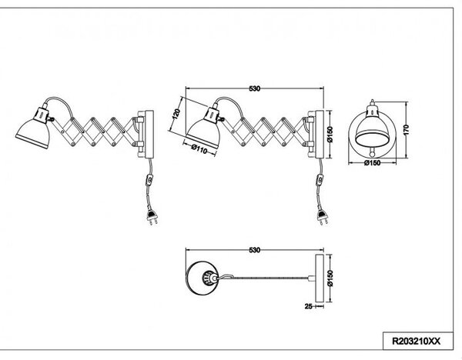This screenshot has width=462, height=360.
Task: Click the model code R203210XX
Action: [416, 342]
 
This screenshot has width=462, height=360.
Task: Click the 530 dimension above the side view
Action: [255, 88]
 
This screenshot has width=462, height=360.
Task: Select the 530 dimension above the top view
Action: [255, 250]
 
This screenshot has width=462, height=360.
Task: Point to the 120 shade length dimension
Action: [176, 114]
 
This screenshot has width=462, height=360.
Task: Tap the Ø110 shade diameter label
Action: [199, 148]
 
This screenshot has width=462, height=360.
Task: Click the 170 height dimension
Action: [406, 130]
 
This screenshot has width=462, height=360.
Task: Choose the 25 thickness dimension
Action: [308, 306]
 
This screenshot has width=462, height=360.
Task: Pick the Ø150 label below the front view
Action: [372, 163]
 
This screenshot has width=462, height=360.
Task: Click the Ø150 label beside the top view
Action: [330, 278]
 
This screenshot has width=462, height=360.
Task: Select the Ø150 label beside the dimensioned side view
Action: [330, 135]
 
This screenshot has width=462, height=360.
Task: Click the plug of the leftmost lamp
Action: [152, 217]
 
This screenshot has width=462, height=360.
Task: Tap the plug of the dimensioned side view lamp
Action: [322, 217]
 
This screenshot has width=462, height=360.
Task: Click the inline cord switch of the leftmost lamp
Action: [149, 179]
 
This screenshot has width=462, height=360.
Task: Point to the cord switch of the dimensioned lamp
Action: [320, 179]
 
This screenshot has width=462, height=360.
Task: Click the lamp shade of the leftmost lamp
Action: [32, 133]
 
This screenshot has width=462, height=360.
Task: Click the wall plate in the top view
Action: [320, 278]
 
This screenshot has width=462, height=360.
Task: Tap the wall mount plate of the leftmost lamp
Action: [149, 134]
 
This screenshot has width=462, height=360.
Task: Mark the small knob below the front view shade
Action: [373, 153]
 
